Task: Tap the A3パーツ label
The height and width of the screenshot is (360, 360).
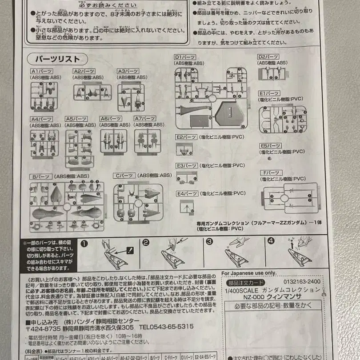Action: click(x=128, y=71)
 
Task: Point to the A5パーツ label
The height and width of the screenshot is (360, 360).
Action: click(x=76, y=119)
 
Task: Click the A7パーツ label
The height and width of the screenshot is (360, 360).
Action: click(x=145, y=119)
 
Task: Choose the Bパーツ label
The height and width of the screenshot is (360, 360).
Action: click(x=40, y=176)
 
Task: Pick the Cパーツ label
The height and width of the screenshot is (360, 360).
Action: click(x=124, y=176)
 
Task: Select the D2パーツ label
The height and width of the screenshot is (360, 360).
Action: click(x=268, y=57)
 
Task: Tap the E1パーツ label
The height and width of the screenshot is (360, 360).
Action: click(x=269, y=93)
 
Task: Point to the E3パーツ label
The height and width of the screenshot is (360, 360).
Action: click(x=186, y=165)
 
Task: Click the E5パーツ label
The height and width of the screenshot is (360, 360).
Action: click(x=270, y=146)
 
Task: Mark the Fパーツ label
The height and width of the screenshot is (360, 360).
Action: click(x=270, y=173)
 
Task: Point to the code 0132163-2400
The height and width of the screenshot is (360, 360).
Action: click(x=301, y=282)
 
